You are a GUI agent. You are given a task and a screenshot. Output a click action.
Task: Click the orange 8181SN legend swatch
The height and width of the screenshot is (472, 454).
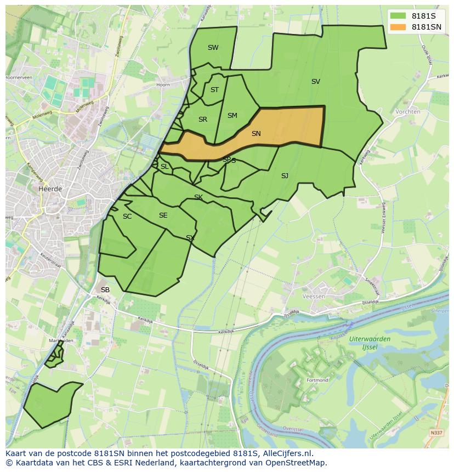[x=398, y=27]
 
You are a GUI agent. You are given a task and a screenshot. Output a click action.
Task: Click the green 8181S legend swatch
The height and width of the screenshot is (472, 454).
[x=398, y=16]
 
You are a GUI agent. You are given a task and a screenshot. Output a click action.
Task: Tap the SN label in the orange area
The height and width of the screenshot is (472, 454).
[x=256, y=133]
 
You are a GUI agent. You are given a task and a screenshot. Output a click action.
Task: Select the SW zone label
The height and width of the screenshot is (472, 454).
[x=213, y=48]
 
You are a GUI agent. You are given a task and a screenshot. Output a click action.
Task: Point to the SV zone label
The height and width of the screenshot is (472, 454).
[x=315, y=82]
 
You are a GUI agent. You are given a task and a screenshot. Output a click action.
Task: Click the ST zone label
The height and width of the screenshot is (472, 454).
[x=214, y=90]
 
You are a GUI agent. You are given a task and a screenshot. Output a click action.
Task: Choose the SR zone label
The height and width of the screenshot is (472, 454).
[x=203, y=120]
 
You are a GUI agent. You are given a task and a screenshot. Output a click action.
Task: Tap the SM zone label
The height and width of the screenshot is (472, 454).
[x=232, y=116]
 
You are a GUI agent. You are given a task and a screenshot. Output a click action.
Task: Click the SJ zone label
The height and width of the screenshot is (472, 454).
[x=285, y=176]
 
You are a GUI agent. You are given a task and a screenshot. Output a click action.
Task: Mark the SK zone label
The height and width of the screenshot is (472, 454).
[x=198, y=197]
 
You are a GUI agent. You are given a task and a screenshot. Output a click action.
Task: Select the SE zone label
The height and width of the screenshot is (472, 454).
[x=163, y=215]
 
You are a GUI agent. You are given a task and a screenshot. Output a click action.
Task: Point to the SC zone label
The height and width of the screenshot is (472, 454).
[x=127, y=217]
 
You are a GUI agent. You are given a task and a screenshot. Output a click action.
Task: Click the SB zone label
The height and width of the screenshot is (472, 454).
[x=105, y=289]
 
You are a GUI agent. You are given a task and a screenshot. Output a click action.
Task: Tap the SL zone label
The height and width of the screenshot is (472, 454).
[x=164, y=167]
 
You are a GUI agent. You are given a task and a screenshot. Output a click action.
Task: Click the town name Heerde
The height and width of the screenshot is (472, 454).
[x=50, y=189]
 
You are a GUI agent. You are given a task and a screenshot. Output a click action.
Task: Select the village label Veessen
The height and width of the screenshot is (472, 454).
[x=314, y=296]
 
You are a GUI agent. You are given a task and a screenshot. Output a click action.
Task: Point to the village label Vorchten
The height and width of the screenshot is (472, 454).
[x=407, y=111]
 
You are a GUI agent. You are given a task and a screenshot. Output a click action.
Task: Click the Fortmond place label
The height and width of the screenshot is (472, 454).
[x=317, y=380]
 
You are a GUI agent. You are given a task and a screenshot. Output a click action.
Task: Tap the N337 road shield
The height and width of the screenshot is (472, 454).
[x=436, y=433]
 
